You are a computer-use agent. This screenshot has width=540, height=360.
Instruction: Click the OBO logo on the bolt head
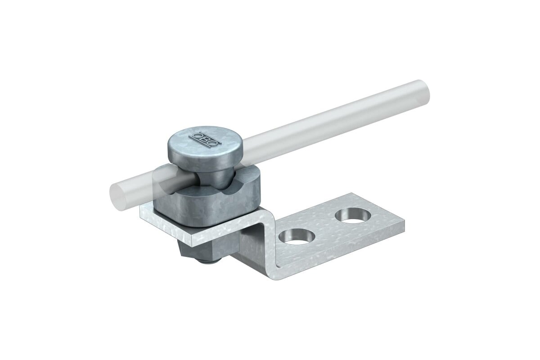click(205, 139)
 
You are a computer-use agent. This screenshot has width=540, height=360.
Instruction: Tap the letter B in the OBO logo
click(205, 139)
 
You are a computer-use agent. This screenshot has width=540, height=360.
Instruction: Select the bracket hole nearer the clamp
click(297, 236)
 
